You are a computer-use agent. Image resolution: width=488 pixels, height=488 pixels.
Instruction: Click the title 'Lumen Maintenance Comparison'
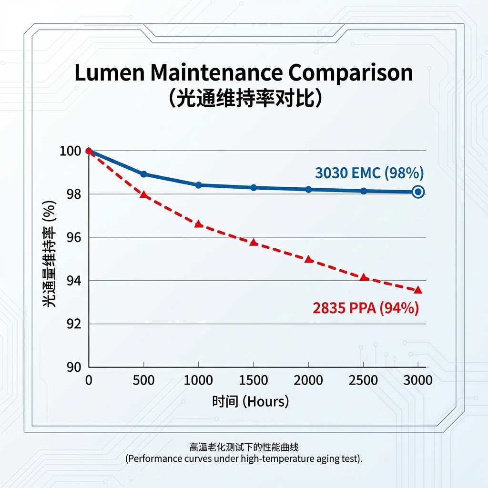point(244,73)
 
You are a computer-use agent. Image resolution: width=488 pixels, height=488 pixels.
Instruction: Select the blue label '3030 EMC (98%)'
point(369,173)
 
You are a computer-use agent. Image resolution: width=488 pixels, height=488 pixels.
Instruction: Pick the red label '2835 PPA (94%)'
point(366,308)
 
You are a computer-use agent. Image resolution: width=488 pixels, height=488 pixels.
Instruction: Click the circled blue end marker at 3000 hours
point(418,192)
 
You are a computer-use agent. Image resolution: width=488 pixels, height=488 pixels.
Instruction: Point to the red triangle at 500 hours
point(143,195)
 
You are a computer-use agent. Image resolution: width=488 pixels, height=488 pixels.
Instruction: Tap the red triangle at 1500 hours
point(254,243)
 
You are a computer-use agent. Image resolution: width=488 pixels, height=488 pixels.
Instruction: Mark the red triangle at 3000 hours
point(418,290)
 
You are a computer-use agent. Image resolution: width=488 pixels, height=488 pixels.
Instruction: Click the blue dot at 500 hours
point(143,174)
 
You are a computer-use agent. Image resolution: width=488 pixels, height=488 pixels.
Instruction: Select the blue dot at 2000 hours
point(308,189)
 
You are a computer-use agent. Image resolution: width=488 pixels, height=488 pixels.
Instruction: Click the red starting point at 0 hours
point(89,151)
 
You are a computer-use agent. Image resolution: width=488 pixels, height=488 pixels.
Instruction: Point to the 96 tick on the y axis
point(70,237)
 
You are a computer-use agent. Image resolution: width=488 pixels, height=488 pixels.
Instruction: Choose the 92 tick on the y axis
point(70,324)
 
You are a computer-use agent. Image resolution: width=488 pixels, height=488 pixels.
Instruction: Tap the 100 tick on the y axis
point(68,151)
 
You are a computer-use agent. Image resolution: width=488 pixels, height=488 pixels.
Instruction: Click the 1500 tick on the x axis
point(254,380)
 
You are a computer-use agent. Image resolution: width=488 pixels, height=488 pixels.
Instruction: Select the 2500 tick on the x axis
point(364,380)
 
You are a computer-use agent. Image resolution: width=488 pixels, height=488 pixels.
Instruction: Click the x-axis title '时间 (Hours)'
point(250,402)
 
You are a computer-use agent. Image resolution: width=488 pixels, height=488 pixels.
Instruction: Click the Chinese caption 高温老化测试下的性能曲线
point(244,447)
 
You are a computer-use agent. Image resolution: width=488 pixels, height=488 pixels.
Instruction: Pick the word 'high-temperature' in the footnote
point(277,459)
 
